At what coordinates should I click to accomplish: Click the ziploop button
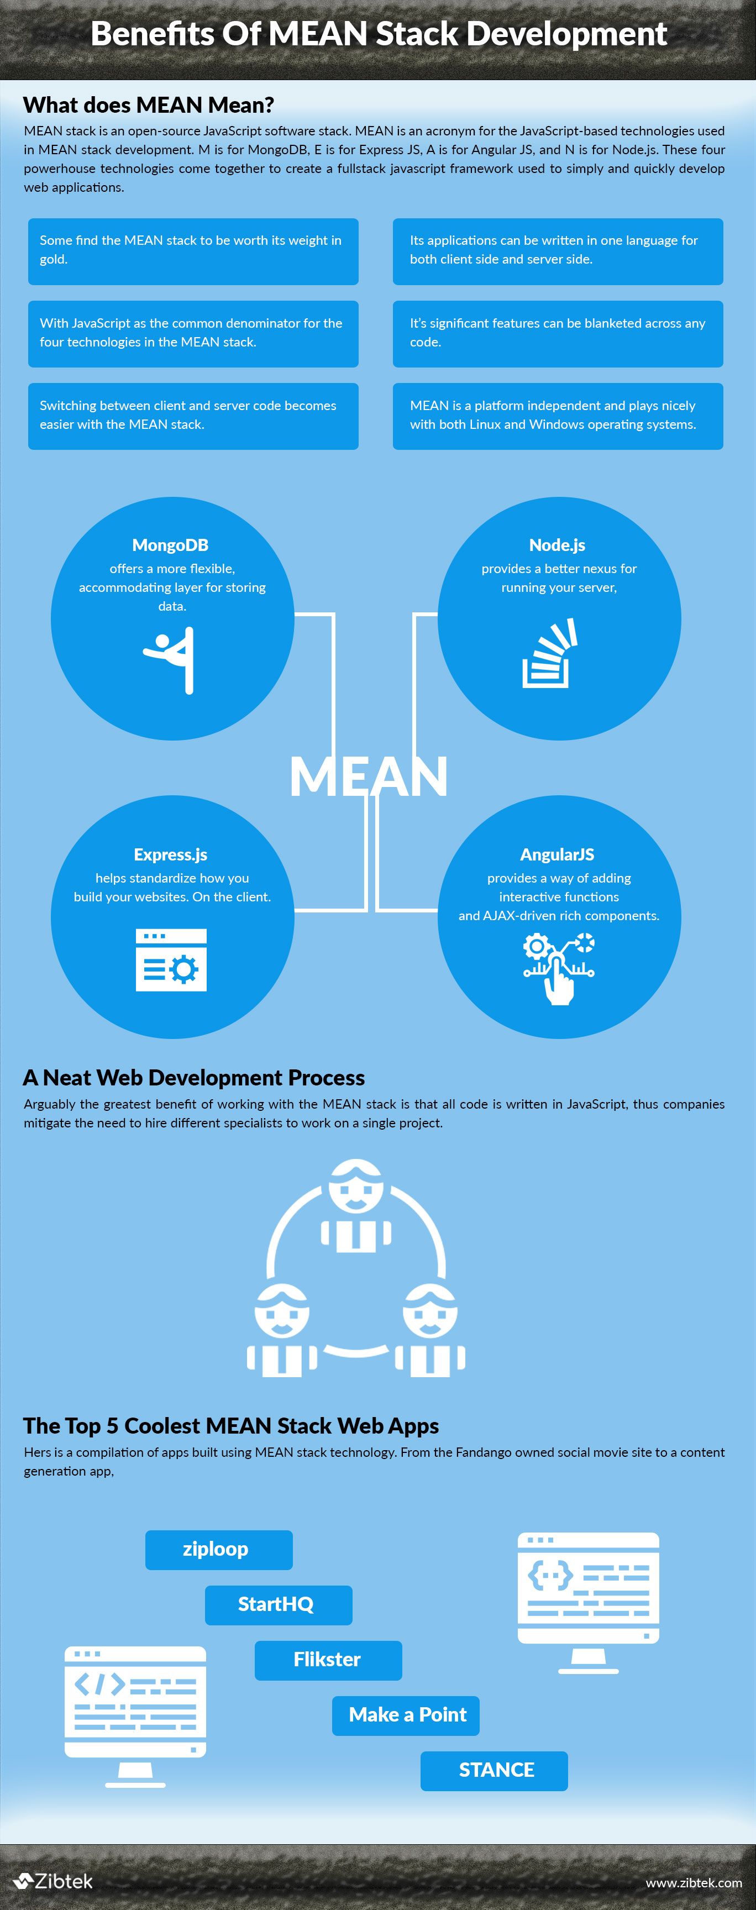coord(219,1550)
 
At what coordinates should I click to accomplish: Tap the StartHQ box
coord(278,1605)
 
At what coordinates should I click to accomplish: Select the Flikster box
coord(328,1661)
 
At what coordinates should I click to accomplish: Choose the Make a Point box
coord(406,1715)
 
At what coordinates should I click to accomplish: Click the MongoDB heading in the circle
coord(170,545)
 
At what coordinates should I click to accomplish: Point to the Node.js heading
coord(558,545)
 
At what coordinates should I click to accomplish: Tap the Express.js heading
coord(170,854)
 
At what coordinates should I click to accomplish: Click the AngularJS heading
coord(558,854)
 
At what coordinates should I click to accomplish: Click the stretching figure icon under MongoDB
coord(170,660)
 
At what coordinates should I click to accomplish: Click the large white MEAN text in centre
coord(369,777)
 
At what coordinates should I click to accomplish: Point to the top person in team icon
coord(356,1205)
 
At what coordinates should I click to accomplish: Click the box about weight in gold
coord(193,251)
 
